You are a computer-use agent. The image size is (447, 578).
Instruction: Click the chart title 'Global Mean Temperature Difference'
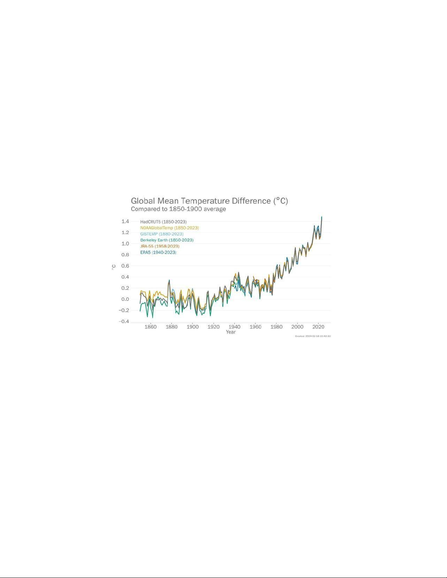click(x=209, y=201)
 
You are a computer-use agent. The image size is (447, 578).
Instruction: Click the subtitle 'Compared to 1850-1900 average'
click(x=178, y=209)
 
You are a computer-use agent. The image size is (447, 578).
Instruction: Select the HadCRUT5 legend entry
click(x=163, y=222)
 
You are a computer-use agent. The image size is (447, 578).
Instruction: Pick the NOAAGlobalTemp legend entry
click(x=169, y=228)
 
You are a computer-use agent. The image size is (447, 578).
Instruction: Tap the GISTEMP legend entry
click(x=162, y=234)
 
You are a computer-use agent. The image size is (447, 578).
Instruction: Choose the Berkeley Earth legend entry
click(x=167, y=240)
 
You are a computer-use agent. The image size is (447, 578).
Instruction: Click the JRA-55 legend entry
click(x=159, y=247)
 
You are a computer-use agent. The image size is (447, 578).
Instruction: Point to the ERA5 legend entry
click(x=158, y=253)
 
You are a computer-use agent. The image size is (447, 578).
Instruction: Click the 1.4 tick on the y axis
click(x=125, y=221)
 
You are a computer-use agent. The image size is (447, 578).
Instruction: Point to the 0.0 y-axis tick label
click(x=125, y=299)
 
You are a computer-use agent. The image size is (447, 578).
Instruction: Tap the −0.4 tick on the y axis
click(x=124, y=322)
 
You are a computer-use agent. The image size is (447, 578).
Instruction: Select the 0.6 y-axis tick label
click(x=125, y=266)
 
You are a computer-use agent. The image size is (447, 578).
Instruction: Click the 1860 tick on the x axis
click(x=150, y=327)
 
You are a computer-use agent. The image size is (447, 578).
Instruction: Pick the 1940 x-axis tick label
click(x=234, y=327)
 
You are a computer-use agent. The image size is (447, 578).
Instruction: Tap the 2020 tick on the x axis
click(x=318, y=327)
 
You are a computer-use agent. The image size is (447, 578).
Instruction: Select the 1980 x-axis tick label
click(x=276, y=327)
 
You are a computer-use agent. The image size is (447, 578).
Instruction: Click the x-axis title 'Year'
click(x=231, y=332)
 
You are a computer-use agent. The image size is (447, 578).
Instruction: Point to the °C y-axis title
click(x=114, y=267)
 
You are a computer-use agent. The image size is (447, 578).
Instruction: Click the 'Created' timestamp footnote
click(x=313, y=336)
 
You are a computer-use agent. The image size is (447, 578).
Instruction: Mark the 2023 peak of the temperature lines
click(x=321, y=217)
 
